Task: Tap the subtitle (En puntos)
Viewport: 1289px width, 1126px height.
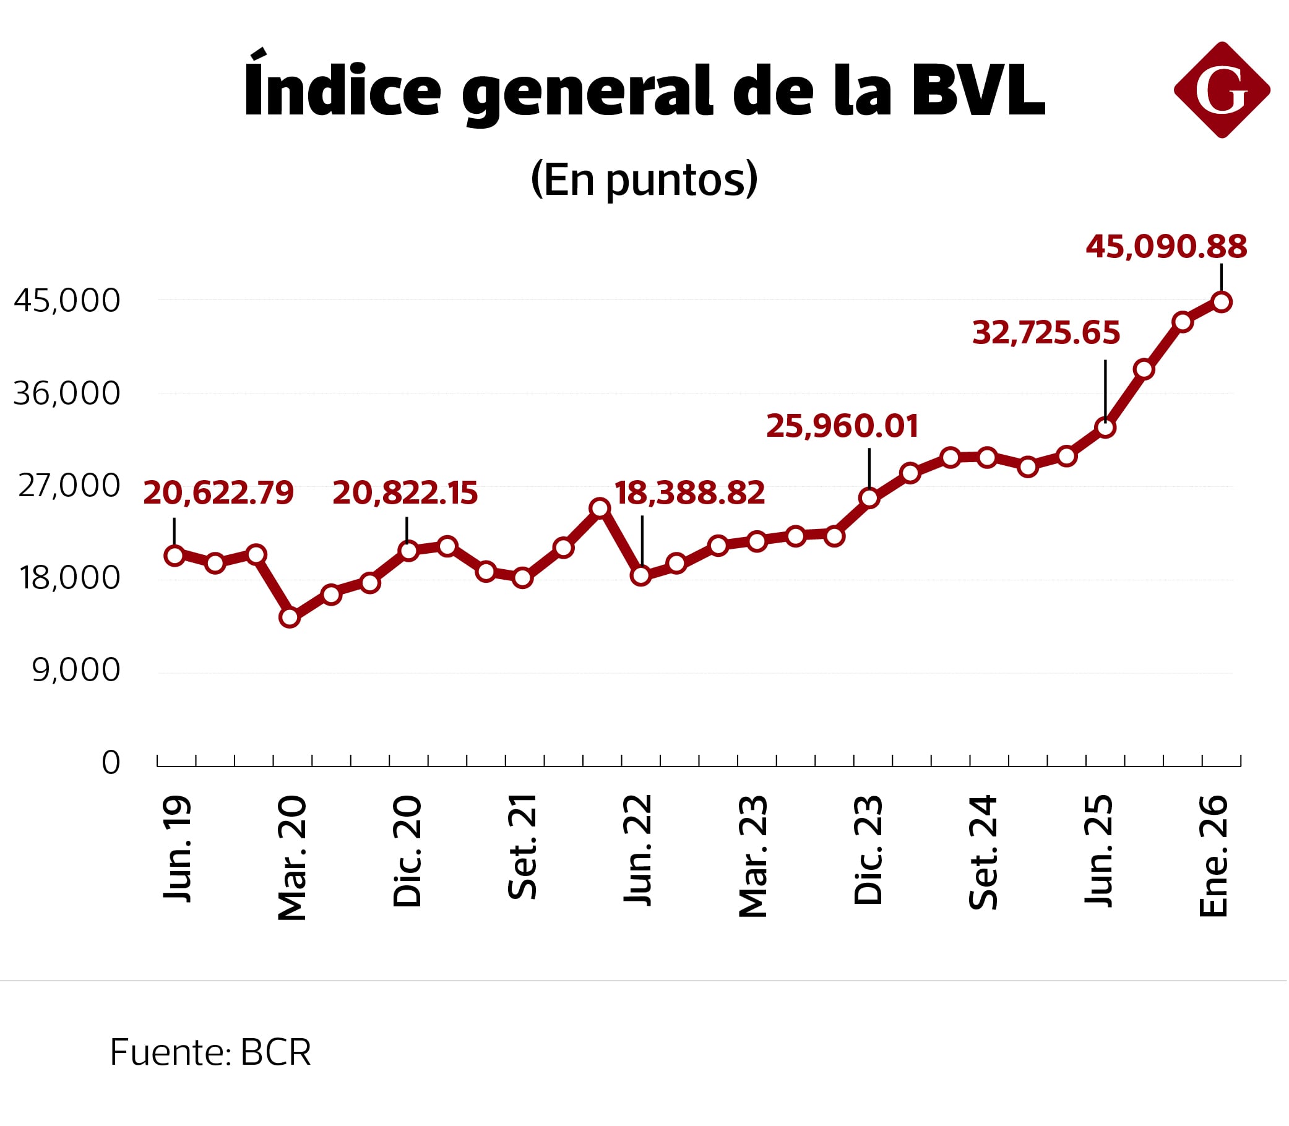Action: point(644,180)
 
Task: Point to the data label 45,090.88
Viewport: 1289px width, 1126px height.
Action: point(1166,247)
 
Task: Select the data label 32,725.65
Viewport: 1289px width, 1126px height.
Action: point(1046,333)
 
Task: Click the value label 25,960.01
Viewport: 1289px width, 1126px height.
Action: point(842,427)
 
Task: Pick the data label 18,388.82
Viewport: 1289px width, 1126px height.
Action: point(689,493)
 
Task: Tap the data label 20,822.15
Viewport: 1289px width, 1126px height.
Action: point(405,493)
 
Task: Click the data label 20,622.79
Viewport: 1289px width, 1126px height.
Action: point(218,493)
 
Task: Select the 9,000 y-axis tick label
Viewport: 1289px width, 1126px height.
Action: point(76,671)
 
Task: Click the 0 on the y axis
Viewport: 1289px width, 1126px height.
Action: point(111,763)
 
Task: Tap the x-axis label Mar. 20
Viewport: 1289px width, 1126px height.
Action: point(292,858)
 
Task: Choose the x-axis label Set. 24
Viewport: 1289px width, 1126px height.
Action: point(983,853)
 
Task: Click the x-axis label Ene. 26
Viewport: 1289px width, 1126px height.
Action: point(1214,856)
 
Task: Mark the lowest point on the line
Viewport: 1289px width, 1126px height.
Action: point(290,617)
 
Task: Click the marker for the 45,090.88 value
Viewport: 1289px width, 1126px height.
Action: point(1222,303)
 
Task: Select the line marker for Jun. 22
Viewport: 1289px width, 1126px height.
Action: point(641,575)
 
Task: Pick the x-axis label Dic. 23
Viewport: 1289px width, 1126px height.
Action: point(869,851)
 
